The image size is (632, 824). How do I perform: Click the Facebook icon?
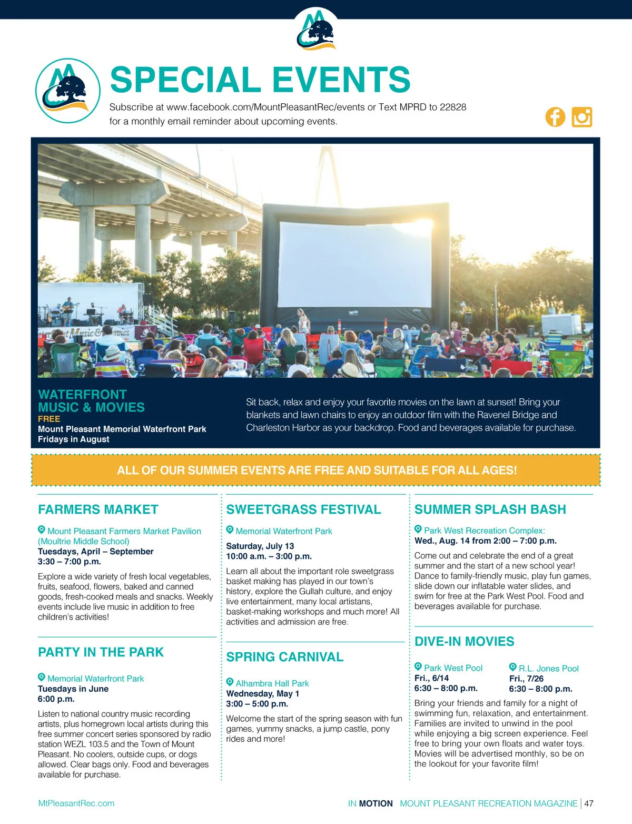point(555,117)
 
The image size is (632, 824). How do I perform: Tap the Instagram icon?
point(582,117)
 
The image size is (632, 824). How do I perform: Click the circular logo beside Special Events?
point(68,91)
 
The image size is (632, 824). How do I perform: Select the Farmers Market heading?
point(98,509)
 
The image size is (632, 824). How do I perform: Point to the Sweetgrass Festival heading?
point(303,509)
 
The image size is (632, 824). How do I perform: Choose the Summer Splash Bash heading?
point(490,509)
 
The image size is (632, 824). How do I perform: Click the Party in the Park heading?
point(101,652)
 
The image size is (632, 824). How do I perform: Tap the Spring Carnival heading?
point(284,657)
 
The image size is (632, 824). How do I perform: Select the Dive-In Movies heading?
point(464,642)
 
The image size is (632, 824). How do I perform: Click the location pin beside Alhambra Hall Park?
point(230,682)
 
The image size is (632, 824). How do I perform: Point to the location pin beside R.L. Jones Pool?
point(512,667)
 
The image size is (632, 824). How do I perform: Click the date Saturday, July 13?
point(260,546)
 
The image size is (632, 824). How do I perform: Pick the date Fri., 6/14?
point(431,678)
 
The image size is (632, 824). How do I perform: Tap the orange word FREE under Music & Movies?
point(49,419)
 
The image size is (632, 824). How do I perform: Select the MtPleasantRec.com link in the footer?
point(76,803)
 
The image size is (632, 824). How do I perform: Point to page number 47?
point(589,803)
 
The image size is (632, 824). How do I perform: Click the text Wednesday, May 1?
point(262,693)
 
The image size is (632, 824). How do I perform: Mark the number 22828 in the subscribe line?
point(453,107)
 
